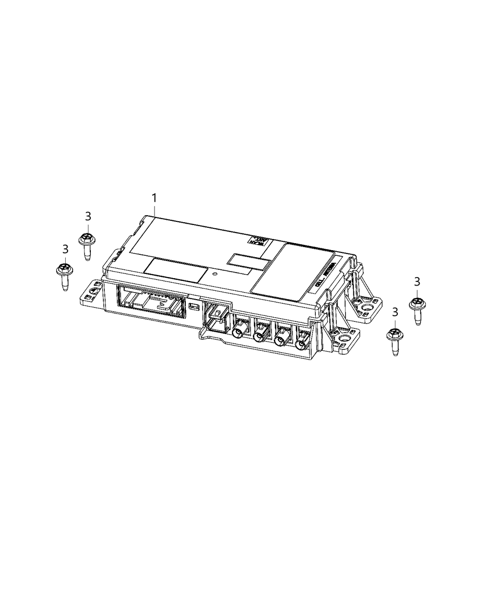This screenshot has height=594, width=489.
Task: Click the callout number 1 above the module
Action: pyautogui.click(x=154, y=198)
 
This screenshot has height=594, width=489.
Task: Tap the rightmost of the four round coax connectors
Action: pyautogui.click(x=301, y=345)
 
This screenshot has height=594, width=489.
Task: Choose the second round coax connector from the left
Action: pyautogui.click(x=259, y=336)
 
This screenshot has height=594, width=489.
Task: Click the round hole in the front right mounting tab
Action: pyautogui.click(x=345, y=338)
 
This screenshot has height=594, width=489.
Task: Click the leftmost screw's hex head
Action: pyautogui.click(x=64, y=269)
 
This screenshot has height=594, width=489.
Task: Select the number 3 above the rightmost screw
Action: pyautogui.click(x=417, y=281)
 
